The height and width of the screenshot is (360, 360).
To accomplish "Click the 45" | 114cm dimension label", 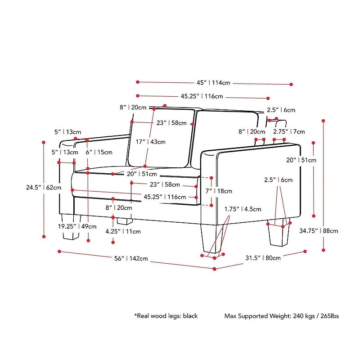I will pyautogui.click(x=213, y=83).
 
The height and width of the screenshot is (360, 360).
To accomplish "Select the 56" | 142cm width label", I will pyautogui.click(x=131, y=258).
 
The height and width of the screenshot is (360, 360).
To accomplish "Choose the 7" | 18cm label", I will pyautogui.click(x=219, y=191).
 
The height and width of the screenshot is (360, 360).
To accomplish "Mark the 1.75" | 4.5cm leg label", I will pyautogui.click(x=243, y=209).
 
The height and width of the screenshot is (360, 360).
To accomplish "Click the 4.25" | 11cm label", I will pyautogui.click(x=123, y=232).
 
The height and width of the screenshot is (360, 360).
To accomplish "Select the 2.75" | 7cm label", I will pyautogui.click(x=289, y=132).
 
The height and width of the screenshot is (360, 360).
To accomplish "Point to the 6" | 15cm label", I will pyautogui.click(x=99, y=152).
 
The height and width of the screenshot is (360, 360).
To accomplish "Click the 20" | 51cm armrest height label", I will pyautogui.click(x=301, y=160).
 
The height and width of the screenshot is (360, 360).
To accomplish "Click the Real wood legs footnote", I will pyautogui.click(x=166, y=316).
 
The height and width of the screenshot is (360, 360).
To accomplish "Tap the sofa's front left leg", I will pyautogui.click(x=69, y=230).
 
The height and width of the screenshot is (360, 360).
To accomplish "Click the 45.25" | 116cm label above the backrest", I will pyautogui.click(x=202, y=96).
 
